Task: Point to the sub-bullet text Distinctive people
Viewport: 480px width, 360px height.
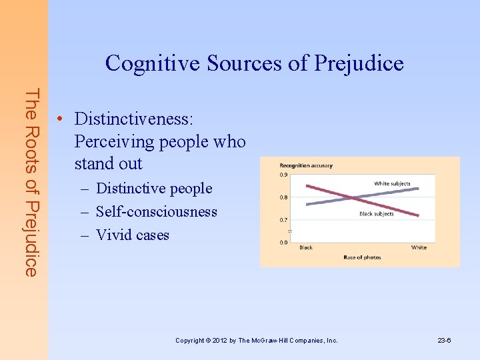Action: tap(154, 189)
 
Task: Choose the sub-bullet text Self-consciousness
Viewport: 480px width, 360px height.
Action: tap(157, 212)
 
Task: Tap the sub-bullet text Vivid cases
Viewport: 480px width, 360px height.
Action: tap(133, 235)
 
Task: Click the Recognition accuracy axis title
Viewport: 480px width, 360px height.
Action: tap(306, 165)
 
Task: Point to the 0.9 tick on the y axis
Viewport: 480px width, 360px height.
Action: tap(283, 175)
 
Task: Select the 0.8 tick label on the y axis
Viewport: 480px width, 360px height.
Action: tap(283, 197)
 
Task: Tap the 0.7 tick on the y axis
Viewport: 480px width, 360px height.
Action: tap(283, 220)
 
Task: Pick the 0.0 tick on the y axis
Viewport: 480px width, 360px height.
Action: tap(283, 242)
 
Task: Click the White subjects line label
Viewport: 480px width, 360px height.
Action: tap(392, 183)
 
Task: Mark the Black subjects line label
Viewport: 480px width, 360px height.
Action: tap(377, 214)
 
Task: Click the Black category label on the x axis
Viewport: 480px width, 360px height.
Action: tap(305, 248)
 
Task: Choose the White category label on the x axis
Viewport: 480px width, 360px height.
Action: tap(419, 248)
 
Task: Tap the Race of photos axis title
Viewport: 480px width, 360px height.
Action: tap(362, 257)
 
